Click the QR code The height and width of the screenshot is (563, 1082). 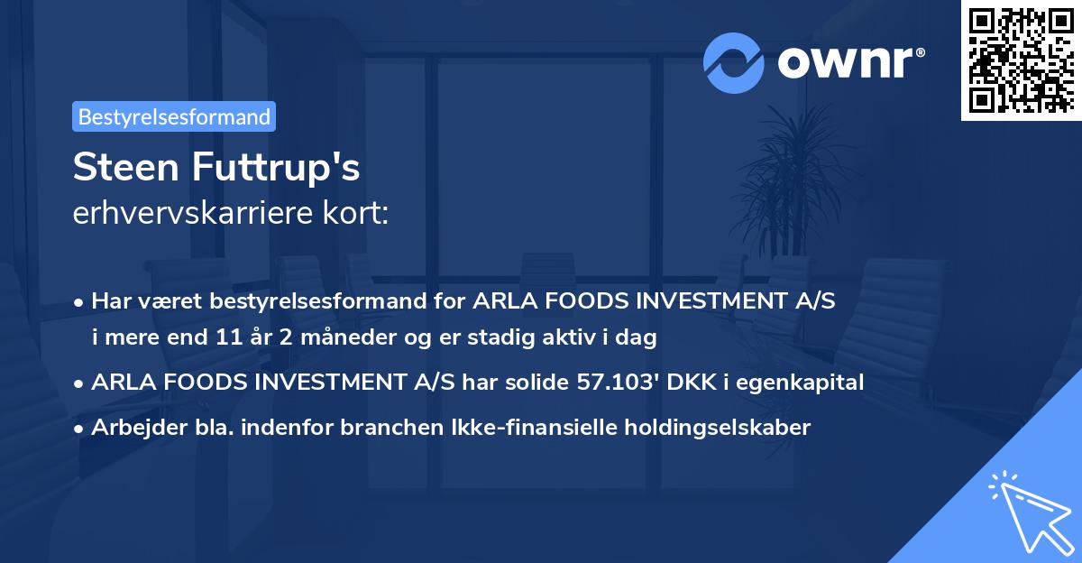[1020, 60]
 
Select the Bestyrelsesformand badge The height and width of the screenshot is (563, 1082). [174, 116]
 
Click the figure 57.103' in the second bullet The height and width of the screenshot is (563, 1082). [611, 383]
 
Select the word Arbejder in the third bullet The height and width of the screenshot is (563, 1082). [133, 428]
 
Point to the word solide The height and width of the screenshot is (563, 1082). [533, 383]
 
